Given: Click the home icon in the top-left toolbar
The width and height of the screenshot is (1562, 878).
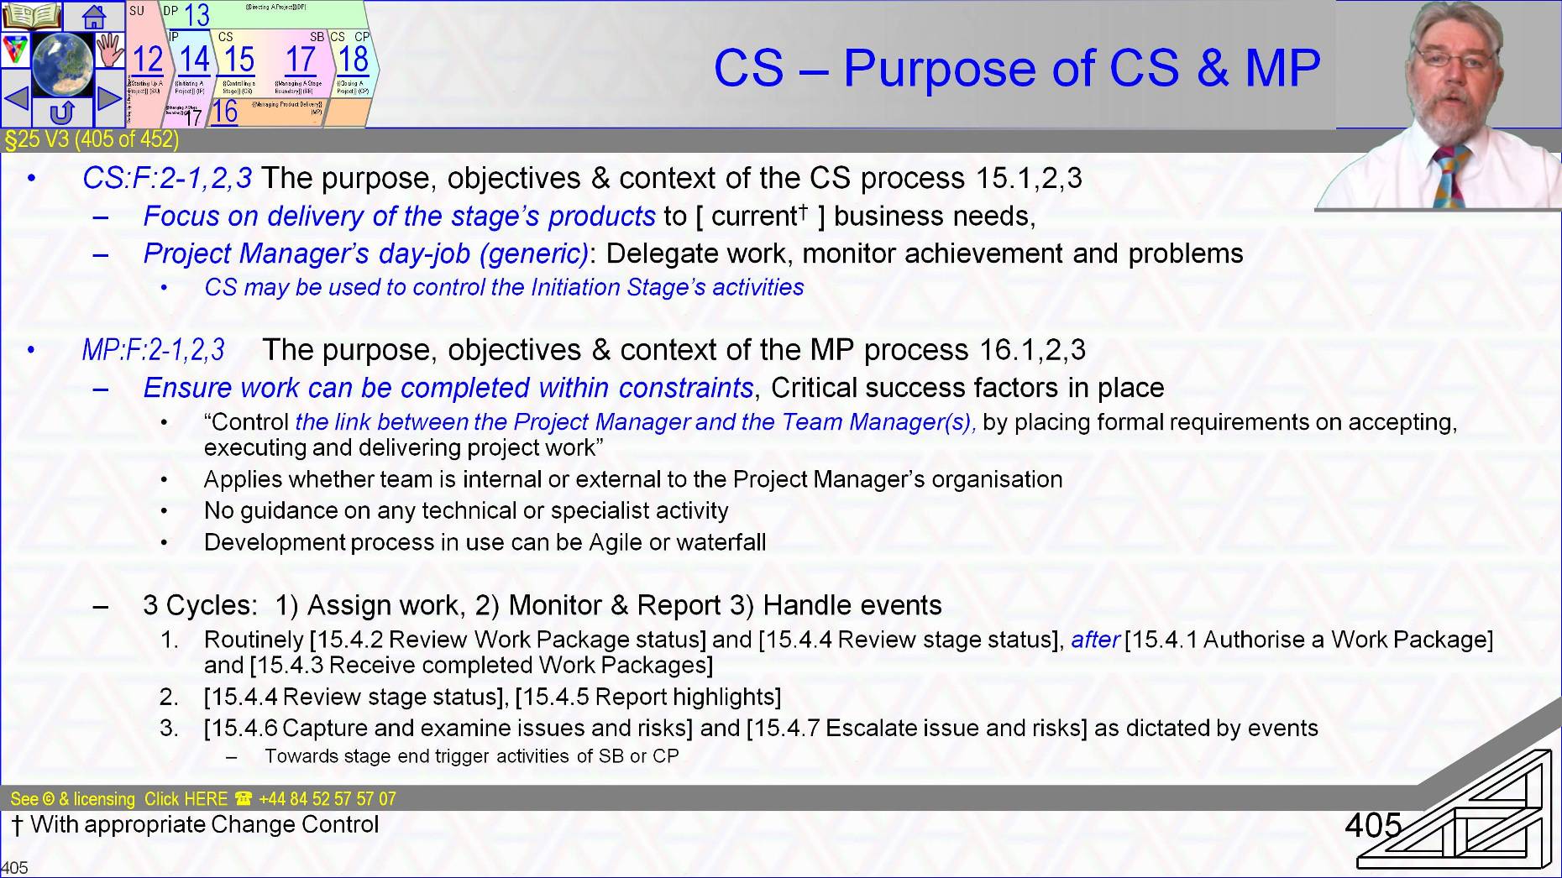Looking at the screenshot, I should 94,16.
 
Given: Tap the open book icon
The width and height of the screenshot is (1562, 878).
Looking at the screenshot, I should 31,16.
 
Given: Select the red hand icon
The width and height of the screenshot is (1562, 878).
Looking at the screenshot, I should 109,50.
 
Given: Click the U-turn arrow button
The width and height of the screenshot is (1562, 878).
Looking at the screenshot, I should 62,112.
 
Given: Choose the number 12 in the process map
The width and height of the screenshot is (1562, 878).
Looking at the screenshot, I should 148,60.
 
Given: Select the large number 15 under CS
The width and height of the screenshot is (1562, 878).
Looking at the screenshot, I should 239,60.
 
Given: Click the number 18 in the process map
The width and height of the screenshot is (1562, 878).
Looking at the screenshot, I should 354,59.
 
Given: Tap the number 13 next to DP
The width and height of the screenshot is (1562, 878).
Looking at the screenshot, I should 197,14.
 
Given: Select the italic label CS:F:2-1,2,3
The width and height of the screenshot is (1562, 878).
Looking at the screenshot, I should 166,178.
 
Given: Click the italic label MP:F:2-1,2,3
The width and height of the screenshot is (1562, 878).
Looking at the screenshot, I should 153,350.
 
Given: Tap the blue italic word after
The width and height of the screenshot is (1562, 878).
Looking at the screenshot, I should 1095,640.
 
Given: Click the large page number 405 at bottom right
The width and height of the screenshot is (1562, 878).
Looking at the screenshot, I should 1373,825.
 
